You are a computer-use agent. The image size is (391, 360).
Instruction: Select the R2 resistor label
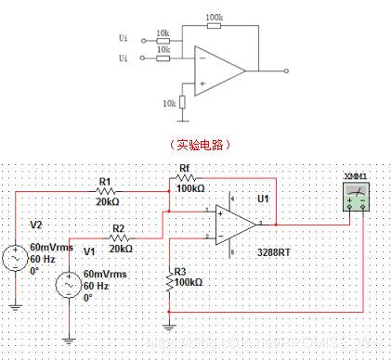(x=118, y=226)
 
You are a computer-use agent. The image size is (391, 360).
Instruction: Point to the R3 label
(x=180, y=270)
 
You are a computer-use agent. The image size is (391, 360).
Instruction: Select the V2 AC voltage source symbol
(x=16, y=256)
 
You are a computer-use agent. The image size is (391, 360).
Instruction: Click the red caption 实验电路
(x=194, y=146)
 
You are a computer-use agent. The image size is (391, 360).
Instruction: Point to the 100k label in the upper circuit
(x=215, y=18)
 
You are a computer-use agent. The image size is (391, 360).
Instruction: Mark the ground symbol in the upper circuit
(x=184, y=116)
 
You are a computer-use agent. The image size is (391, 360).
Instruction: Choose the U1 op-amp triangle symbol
(x=236, y=225)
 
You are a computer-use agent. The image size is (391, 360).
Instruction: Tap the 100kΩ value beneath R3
(x=189, y=281)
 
